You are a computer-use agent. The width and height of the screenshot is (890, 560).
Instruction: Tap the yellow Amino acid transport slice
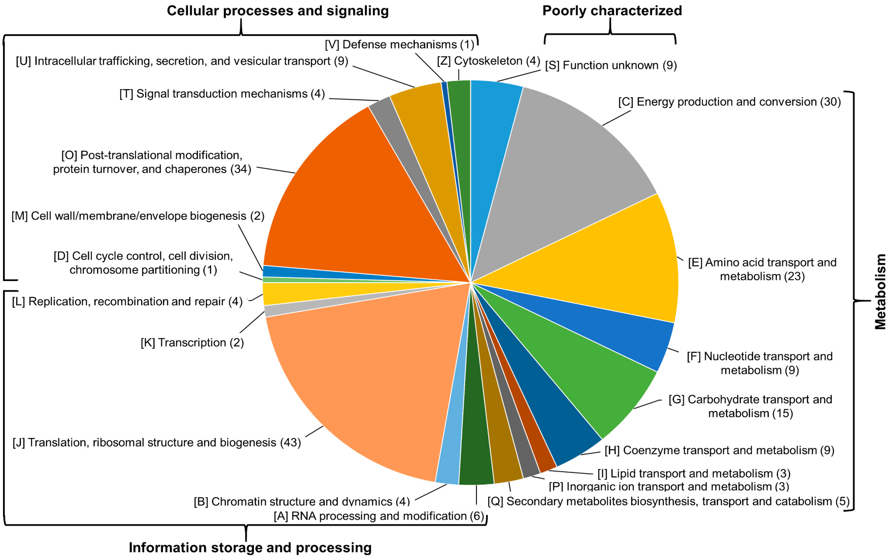[x=606, y=266]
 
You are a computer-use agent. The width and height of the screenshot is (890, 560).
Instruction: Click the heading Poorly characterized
[x=612, y=11]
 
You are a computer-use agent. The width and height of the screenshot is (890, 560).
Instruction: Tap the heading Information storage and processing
[x=250, y=547]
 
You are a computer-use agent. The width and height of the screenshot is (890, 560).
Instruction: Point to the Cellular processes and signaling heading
[x=277, y=11]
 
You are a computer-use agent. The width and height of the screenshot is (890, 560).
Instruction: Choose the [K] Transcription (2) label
[x=192, y=343]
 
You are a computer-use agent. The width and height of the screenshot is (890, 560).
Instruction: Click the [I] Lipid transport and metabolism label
[x=694, y=474]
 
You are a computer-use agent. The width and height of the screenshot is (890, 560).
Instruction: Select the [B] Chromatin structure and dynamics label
[x=302, y=501]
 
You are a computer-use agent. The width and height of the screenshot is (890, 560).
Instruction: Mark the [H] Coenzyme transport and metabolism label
[x=719, y=450]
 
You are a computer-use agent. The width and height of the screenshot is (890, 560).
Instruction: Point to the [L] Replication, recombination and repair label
[x=127, y=302]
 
